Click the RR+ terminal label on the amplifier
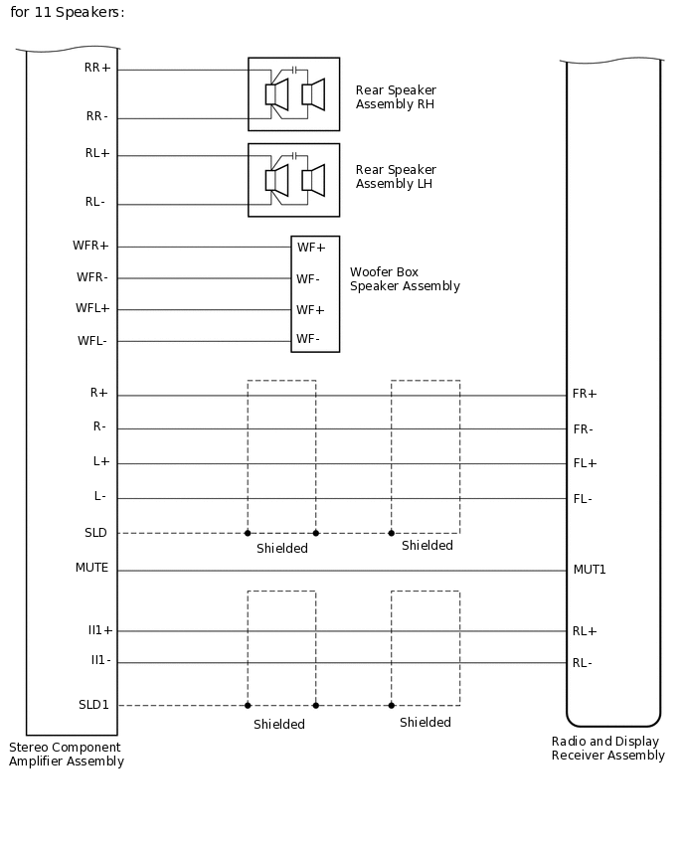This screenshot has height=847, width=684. tap(98, 69)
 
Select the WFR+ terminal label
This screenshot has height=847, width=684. tap(90, 246)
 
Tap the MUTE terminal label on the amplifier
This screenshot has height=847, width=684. tap(91, 569)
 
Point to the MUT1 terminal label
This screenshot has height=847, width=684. tap(590, 570)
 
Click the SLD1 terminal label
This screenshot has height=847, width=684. tap(93, 705)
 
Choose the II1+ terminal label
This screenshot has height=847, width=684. tap(99, 630)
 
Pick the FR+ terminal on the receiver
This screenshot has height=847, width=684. tap(585, 394)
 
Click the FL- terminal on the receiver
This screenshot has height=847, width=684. tap(583, 499)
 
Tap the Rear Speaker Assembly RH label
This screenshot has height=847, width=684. tap(396, 96)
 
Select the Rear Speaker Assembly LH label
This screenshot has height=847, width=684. tap(396, 177)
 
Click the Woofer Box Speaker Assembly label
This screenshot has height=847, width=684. tap(405, 279)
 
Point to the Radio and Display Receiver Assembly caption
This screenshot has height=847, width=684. tap(607, 749)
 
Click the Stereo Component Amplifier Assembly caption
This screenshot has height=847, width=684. tap(67, 755)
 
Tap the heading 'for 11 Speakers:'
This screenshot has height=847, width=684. tap(68, 13)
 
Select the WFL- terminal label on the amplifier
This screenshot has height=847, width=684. tap(91, 341)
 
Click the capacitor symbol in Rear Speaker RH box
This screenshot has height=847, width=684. tap(294, 71)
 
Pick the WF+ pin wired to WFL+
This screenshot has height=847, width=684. tap(310, 310)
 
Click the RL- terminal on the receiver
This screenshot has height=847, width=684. tap(583, 663)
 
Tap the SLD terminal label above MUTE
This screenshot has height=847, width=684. tap(95, 533)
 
